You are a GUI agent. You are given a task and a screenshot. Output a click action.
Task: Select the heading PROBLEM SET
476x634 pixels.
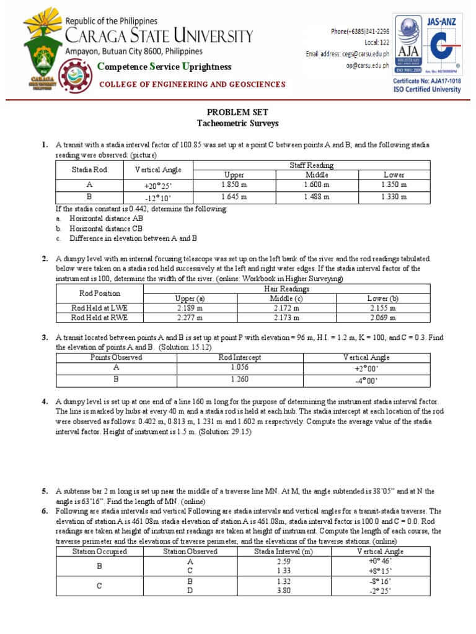(238, 113)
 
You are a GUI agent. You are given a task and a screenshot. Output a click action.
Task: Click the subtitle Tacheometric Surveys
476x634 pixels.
(238, 124)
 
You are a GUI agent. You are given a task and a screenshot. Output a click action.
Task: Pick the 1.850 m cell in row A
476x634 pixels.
(235, 185)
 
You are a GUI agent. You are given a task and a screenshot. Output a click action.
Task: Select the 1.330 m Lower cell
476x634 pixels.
(394, 197)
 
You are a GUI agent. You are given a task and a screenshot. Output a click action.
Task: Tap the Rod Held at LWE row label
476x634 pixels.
(100, 308)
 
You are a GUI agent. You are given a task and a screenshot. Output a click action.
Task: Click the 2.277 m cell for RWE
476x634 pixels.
(190, 318)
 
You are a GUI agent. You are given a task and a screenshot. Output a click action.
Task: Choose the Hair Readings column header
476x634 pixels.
(285, 289)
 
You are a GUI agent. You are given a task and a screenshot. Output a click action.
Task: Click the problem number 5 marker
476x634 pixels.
(45, 491)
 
